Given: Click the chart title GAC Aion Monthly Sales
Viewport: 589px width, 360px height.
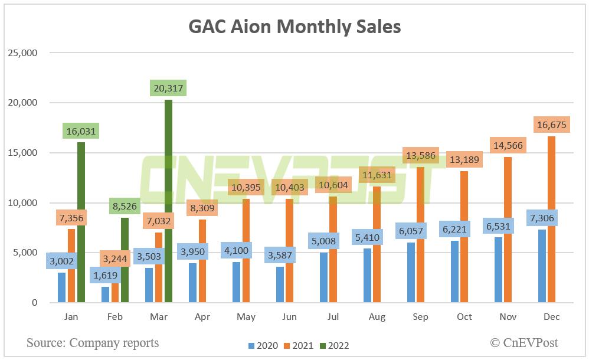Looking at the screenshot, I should [x=294, y=27].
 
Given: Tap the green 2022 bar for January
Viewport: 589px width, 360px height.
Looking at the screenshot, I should [x=81, y=224].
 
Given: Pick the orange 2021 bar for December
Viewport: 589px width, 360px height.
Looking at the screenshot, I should [x=551, y=221].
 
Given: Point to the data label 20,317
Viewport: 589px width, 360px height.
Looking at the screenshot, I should [x=168, y=89].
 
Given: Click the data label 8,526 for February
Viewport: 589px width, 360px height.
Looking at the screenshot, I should [x=125, y=207].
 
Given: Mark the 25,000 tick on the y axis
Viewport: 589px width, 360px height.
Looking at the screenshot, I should [x=22, y=53].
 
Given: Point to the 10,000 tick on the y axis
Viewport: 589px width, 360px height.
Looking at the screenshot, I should [x=22, y=203].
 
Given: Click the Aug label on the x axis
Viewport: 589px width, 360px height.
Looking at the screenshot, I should [x=377, y=317].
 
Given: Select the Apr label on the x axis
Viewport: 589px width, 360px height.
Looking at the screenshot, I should [x=202, y=317].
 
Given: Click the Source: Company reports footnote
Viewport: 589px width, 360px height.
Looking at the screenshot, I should [x=93, y=342].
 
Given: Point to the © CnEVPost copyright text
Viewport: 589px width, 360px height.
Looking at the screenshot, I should [x=524, y=342].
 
